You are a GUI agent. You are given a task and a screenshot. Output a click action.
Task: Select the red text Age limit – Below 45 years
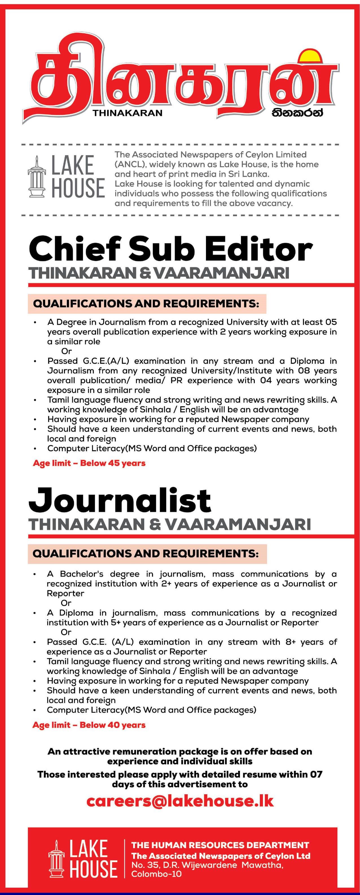89,463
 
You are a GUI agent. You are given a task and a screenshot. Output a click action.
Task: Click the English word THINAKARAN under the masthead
128,113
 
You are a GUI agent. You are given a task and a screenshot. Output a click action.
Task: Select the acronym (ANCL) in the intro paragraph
128,164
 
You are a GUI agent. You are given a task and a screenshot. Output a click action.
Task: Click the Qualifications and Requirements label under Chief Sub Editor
146,304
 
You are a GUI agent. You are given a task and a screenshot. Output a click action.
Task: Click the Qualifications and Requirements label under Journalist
146,554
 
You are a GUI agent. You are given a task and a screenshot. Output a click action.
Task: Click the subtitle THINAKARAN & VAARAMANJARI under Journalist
170,524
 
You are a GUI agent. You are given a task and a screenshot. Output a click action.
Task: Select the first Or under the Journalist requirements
66,603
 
